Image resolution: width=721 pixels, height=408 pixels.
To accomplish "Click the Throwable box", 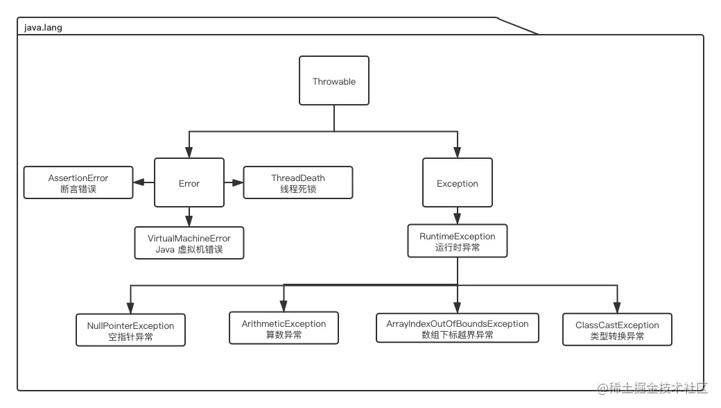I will (333, 81).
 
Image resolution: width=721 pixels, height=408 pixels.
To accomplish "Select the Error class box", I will (189, 183).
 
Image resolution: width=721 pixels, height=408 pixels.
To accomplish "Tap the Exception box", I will (457, 183).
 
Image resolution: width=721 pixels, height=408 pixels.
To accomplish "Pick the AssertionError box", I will (78, 183).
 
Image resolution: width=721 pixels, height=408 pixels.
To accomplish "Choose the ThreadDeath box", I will (298, 183).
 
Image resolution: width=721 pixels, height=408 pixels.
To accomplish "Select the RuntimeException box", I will (457, 241).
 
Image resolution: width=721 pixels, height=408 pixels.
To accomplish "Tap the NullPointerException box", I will (130, 331).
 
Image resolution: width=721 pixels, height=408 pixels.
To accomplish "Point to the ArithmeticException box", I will (284, 329).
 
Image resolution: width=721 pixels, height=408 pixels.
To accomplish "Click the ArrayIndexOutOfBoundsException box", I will (458, 329).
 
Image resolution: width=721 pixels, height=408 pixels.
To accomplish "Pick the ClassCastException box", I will (617, 330).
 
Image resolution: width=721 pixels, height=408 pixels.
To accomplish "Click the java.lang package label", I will (43, 28).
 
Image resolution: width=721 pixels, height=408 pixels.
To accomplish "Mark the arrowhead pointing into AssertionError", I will (139, 183).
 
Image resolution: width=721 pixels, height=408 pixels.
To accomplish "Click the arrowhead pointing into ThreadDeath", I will (238, 183).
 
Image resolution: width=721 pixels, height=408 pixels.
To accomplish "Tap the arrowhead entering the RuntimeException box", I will (457, 219).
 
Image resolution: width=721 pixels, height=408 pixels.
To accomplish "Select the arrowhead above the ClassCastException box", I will (617, 307).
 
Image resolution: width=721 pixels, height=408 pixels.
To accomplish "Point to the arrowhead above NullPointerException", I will (130, 308).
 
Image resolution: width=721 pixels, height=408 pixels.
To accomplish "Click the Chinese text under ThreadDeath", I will (298, 189).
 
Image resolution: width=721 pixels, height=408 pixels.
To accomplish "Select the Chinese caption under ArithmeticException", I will (284, 335).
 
